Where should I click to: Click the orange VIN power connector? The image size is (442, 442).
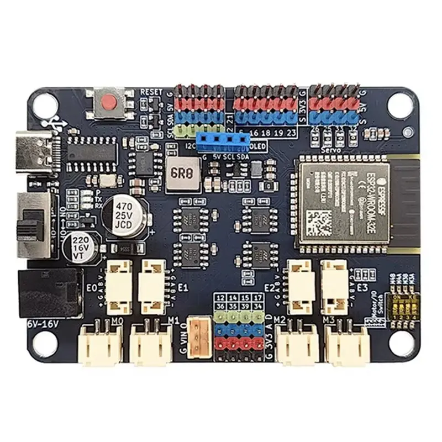tap(198, 336)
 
